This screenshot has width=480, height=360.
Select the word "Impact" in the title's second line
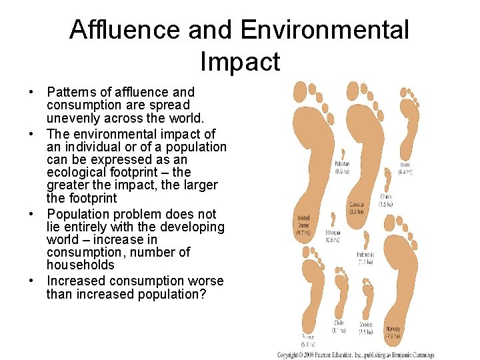[240, 61]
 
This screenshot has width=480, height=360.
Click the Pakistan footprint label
[342, 167]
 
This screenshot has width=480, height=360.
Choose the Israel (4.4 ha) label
[405, 167]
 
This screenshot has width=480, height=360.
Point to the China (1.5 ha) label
[385, 200]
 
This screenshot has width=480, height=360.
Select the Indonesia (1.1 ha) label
[366, 258]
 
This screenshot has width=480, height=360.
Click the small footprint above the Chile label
[341, 293]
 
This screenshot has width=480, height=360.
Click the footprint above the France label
[311, 293]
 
